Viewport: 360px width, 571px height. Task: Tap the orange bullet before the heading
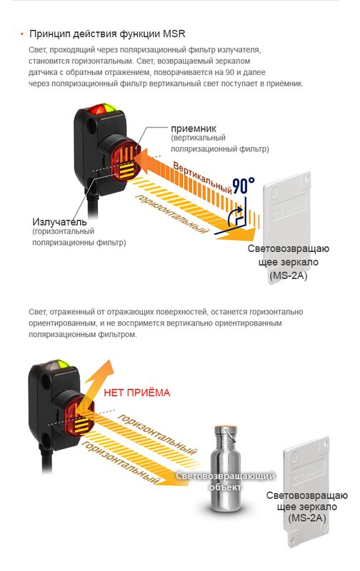22,34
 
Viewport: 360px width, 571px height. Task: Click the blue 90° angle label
243,186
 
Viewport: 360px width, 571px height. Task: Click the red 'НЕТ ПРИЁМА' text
138,392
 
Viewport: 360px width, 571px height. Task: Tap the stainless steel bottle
223,471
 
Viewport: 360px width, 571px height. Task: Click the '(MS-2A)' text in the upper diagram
289,275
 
